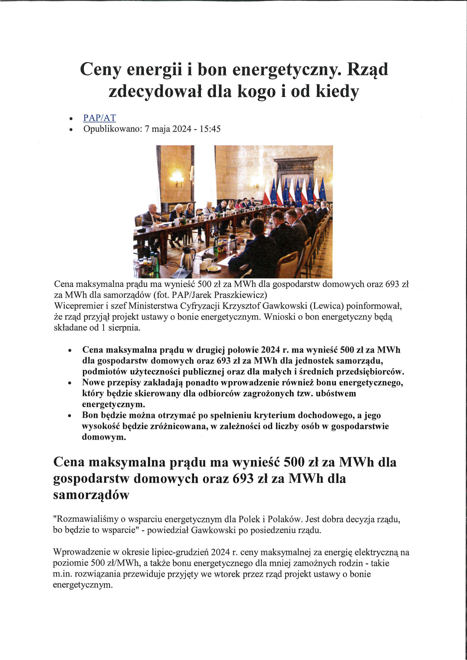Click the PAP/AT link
(99, 118)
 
